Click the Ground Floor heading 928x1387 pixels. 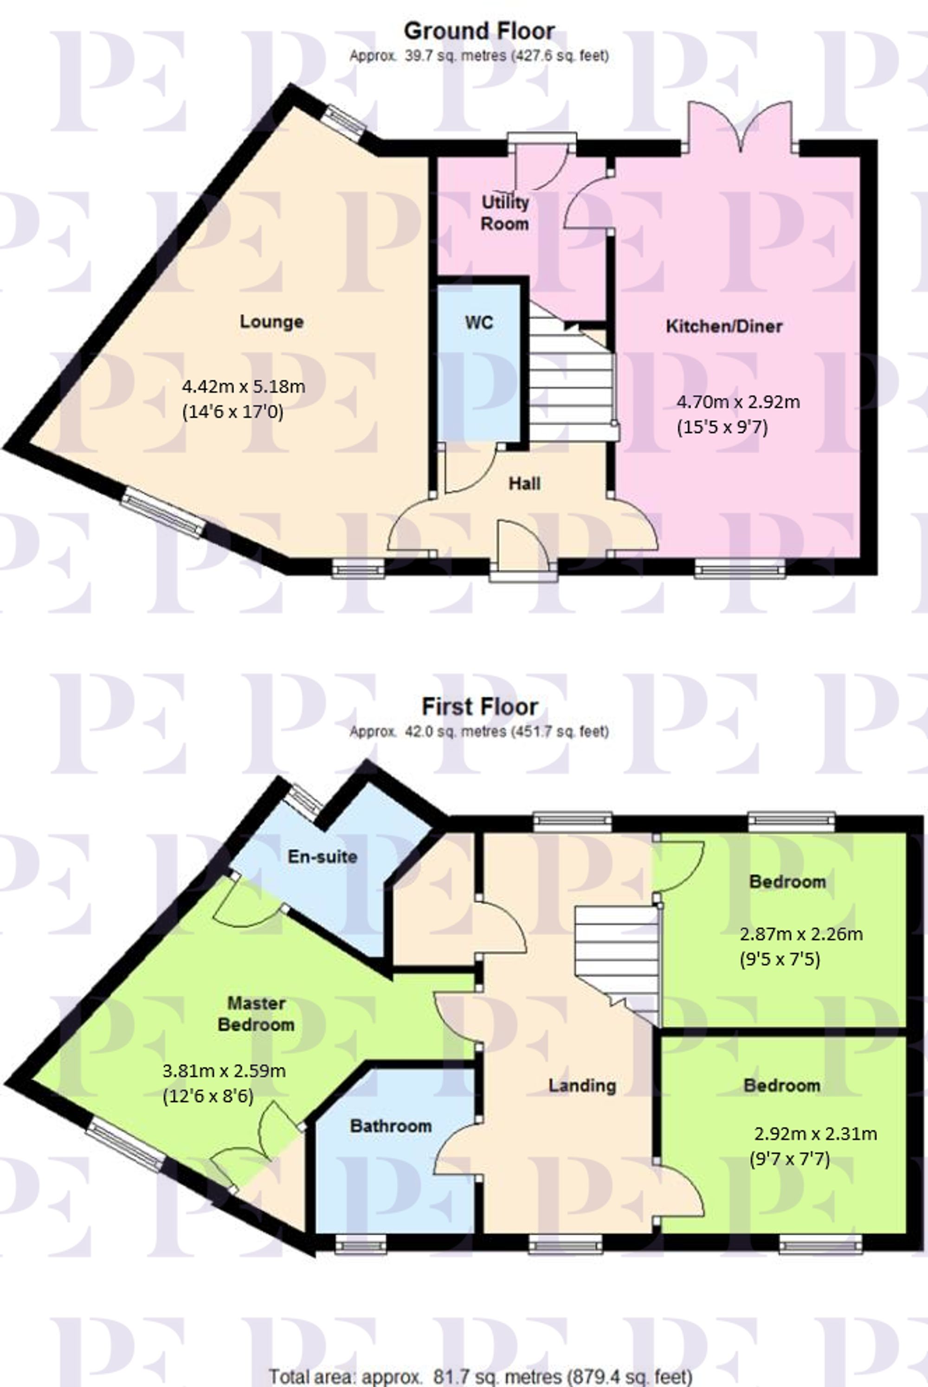(x=479, y=31)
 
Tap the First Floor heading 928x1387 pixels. (x=479, y=707)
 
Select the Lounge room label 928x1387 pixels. (x=271, y=322)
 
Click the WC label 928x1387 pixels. (x=479, y=323)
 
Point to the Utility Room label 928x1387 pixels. (x=505, y=213)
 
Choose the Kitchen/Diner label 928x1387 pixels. (x=724, y=326)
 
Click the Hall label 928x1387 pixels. (x=524, y=484)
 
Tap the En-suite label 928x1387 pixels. (x=322, y=856)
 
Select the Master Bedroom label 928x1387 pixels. (x=256, y=1014)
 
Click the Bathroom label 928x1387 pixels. (x=391, y=1125)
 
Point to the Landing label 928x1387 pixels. (x=582, y=1086)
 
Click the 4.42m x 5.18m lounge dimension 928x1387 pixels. (x=243, y=387)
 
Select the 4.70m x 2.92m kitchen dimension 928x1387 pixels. (x=738, y=402)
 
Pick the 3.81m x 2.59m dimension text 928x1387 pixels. (x=224, y=1071)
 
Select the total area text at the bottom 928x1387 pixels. (x=481, y=1377)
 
